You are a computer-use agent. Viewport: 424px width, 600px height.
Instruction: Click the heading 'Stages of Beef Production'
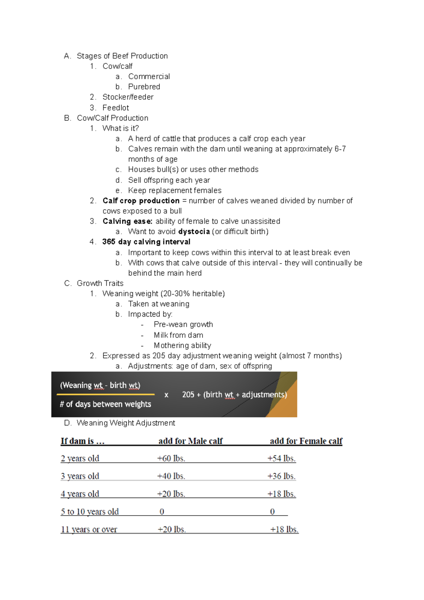122,56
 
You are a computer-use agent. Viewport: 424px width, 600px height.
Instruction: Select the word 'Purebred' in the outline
144,87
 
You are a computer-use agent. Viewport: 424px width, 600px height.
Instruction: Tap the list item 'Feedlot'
116,107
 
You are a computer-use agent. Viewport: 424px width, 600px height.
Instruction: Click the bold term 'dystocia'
194,231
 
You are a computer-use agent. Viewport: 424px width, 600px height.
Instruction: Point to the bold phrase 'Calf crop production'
141,201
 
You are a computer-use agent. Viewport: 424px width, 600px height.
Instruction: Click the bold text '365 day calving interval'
146,242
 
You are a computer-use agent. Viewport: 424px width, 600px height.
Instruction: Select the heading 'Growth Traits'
100,283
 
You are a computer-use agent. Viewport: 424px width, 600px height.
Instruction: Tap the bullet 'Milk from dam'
178,335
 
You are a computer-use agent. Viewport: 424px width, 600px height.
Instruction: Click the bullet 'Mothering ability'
182,345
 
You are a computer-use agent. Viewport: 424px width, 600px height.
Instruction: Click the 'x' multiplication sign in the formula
166,395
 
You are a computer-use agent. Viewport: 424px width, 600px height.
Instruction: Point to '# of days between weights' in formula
105,404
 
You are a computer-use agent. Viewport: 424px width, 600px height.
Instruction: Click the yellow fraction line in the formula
105,394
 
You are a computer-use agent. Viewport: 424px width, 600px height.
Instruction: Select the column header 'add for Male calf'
190,441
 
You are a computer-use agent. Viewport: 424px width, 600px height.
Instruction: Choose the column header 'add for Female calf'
306,441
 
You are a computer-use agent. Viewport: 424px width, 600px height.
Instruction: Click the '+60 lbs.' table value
171,458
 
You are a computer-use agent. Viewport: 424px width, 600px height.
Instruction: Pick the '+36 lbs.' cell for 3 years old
281,476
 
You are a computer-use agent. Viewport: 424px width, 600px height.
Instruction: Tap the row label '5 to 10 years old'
90,512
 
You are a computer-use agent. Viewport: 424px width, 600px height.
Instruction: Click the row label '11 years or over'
89,529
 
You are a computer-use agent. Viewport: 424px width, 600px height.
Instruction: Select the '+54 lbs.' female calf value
281,458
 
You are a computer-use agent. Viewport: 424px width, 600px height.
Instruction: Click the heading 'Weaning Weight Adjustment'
125,423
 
